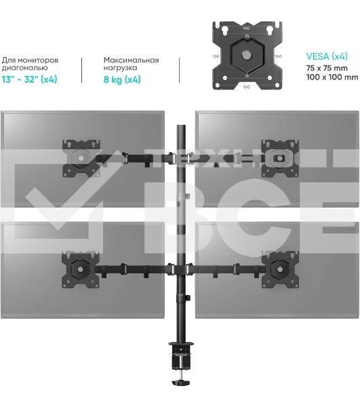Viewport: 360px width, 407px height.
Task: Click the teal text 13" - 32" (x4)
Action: pyautogui.click(x=29, y=79)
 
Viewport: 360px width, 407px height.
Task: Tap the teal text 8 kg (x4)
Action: pyautogui.click(x=122, y=79)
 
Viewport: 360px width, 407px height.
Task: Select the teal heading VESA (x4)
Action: pyautogui.click(x=327, y=56)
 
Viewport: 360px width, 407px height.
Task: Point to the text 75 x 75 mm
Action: pyautogui.click(x=327, y=68)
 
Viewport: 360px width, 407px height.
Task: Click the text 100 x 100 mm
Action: pyautogui.click(x=332, y=77)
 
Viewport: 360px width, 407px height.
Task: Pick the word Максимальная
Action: pyautogui.click(x=132, y=60)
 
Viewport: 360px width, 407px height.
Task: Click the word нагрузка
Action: pyautogui.click(x=121, y=68)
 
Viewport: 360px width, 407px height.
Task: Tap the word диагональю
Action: pyautogui.click(x=24, y=68)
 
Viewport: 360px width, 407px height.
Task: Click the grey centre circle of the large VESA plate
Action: pyautogui.click(x=246, y=55)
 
